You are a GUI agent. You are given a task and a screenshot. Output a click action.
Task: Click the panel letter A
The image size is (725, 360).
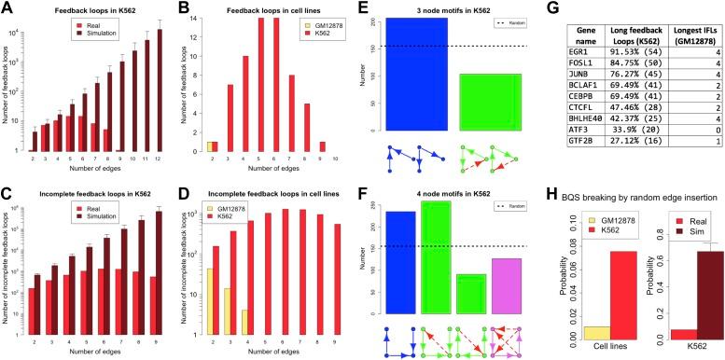coord(7,7)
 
